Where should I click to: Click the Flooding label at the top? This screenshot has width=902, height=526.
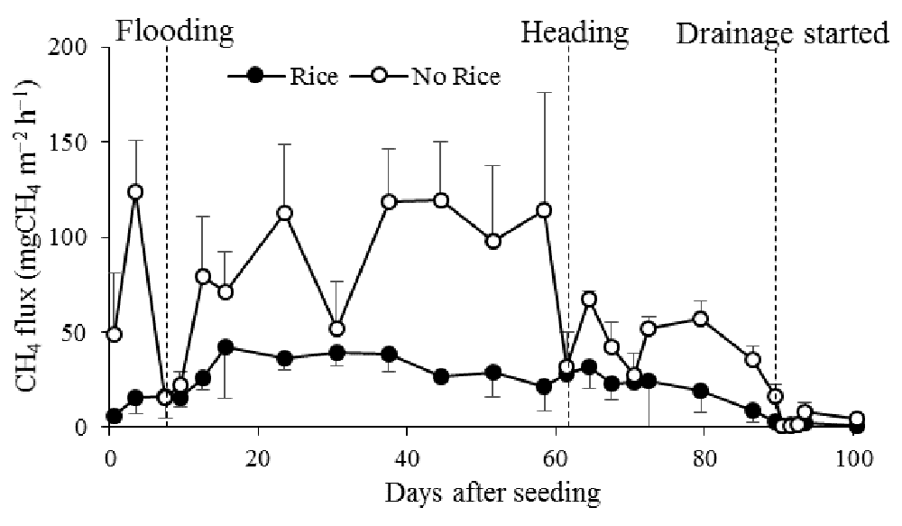coord(175,32)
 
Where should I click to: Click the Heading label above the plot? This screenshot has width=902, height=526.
coord(574,33)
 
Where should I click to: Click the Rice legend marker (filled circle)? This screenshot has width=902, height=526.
coord(255,76)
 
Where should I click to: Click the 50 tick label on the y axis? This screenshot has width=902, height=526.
coord(89,332)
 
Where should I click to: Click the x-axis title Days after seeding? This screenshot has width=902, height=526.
coord(492,494)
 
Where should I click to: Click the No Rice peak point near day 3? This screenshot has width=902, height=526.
coord(135,192)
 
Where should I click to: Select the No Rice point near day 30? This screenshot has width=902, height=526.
coord(337,328)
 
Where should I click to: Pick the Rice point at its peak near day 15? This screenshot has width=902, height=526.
coord(225,346)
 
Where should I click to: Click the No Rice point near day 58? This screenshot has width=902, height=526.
coord(544,210)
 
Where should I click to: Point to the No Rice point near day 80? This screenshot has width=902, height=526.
coord(700,318)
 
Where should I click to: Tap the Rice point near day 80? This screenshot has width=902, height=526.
coord(700,391)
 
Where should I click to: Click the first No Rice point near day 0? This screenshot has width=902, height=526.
coord(114,334)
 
